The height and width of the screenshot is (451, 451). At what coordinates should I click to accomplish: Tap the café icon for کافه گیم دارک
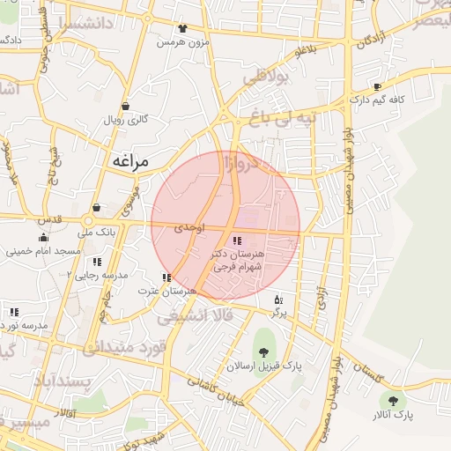pyautogui.click(x=378, y=87)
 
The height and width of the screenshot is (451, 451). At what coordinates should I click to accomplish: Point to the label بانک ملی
pyautogui.click(x=97, y=233)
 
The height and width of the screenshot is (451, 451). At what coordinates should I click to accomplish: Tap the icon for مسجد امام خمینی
pyautogui.click(x=43, y=237)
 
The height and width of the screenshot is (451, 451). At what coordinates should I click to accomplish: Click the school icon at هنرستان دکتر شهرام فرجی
pyautogui.click(x=237, y=240)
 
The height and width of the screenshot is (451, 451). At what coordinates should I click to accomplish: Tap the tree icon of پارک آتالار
pyautogui.click(x=393, y=399)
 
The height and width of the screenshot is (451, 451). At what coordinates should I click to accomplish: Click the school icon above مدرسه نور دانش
pyautogui.click(x=14, y=312)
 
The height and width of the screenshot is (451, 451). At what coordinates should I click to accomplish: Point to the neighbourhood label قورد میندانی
pyautogui.click(x=125, y=347)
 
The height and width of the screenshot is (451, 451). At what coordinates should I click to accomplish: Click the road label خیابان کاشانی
pyautogui.click(x=214, y=389)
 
